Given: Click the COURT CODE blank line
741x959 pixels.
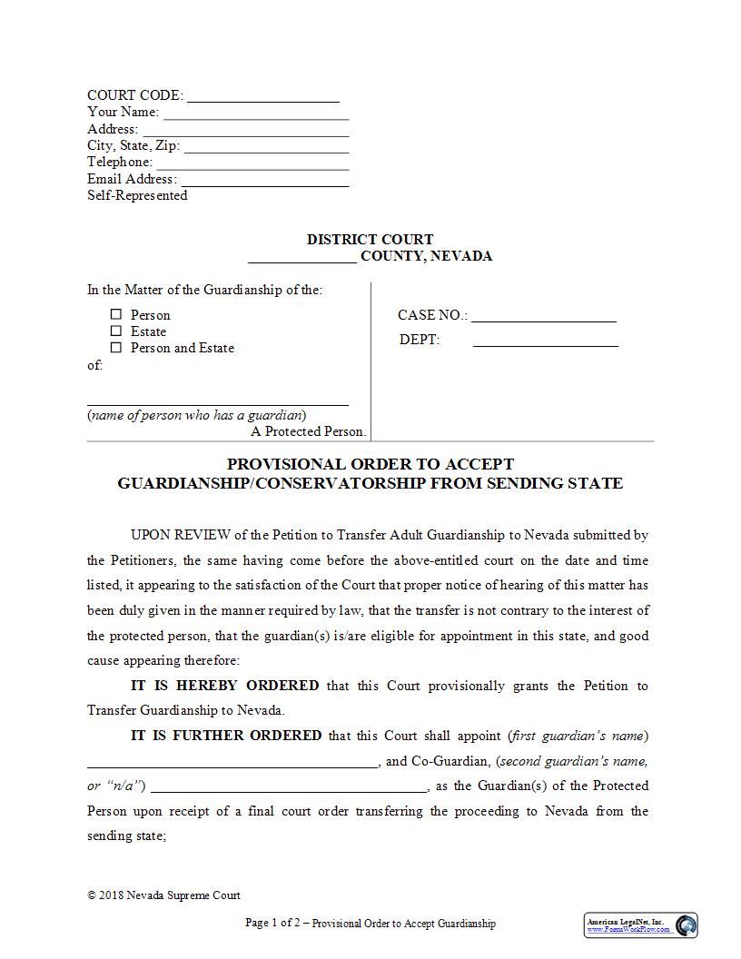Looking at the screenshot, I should click(263, 98).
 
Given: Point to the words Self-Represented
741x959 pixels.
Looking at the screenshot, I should click(137, 195).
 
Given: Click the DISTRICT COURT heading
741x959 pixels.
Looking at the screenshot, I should click(370, 240).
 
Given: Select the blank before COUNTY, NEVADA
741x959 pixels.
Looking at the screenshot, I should click(302, 259).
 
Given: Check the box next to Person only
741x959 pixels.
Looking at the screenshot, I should click(116, 314).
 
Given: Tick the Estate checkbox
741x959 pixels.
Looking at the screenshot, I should click(116, 331).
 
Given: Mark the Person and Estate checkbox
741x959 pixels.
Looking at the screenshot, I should click(116, 348).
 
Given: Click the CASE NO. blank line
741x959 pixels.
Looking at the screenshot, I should click(544, 319).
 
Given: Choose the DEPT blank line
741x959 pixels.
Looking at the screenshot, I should click(545, 344).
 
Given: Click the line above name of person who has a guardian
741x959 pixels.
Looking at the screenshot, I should click(218, 402).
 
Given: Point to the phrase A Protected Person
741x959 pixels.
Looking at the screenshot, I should click(309, 432).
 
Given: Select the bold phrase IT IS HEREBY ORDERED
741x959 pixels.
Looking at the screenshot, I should click(225, 686).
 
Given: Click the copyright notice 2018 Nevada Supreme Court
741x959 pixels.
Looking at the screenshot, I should click(164, 895).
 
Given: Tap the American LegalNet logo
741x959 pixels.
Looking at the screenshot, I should click(640, 924).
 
